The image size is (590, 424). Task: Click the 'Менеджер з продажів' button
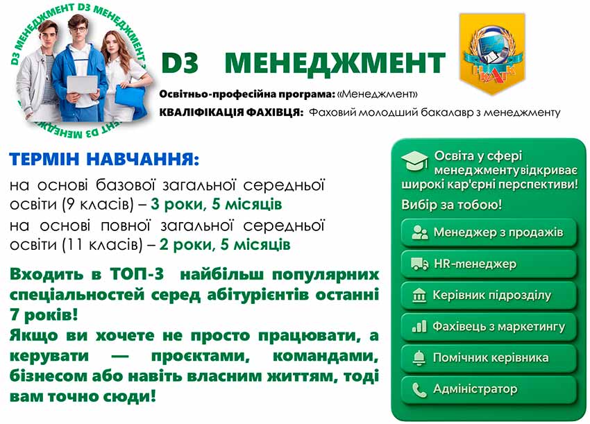[489, 232]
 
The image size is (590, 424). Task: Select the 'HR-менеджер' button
[489, 264]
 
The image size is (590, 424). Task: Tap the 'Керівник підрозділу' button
[489, 295]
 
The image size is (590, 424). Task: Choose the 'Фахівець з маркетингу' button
[489, 326]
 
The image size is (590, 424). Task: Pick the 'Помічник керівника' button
[489, 357]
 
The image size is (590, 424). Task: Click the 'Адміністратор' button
[489, 389]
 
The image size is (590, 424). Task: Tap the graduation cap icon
[415, 161]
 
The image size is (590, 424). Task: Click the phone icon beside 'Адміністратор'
[419, 389]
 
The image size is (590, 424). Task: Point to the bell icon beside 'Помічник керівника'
[419, 358]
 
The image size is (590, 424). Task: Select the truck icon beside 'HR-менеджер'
[419, 264]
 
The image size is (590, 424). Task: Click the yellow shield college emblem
[491, 45]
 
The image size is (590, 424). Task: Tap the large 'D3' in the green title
[180, 63]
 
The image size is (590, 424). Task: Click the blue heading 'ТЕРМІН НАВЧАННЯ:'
[104, 160]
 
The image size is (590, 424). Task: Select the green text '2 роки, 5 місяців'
[225, 245]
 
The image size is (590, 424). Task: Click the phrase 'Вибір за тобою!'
[452, 205]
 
